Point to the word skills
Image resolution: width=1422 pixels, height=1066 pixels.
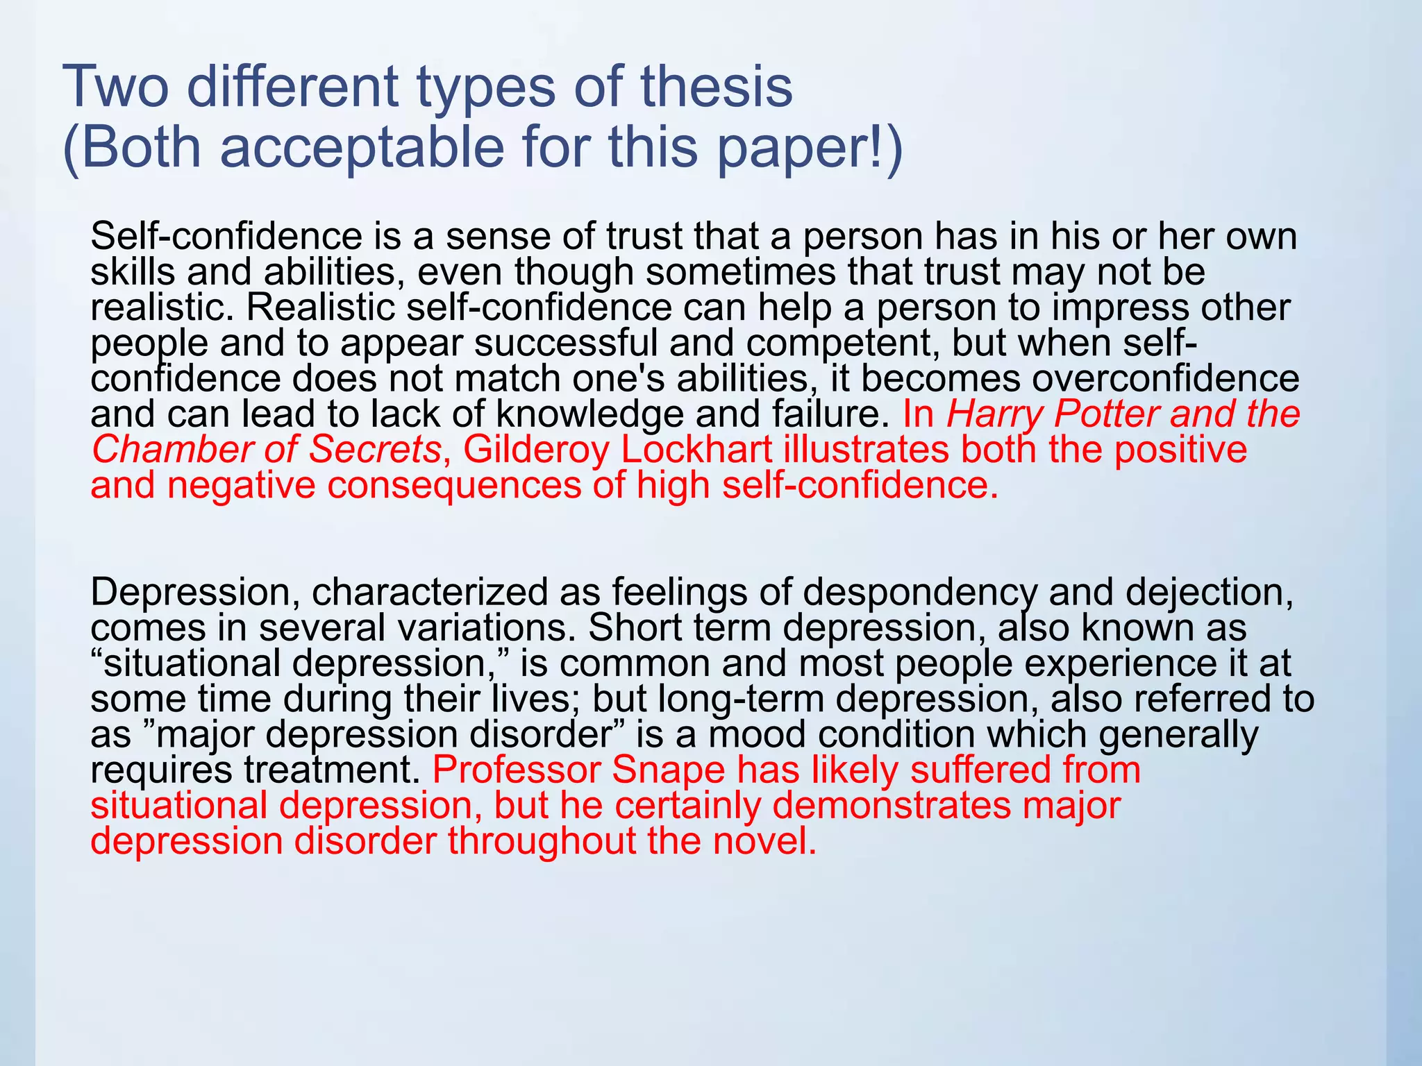132,272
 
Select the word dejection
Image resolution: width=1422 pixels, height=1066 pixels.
1210,593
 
